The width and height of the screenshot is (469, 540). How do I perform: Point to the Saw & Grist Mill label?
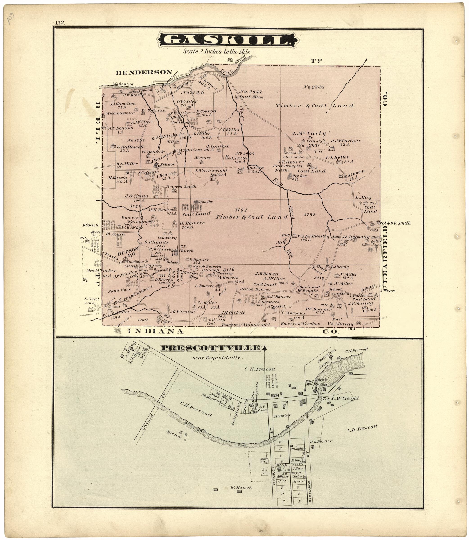[313, 382]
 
